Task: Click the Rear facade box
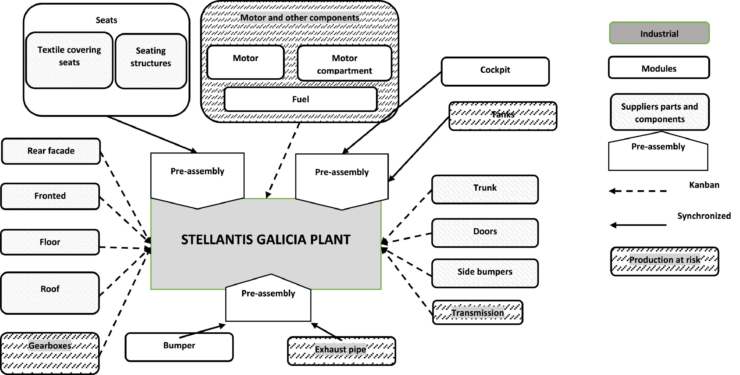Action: [x=51, y=151]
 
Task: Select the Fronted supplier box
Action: [x=50, y=196]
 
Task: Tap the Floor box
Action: [x=50, y=242]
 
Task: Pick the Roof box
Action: [x=50, y=293]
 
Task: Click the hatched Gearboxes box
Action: [x=50, y=353]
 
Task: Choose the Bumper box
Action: [x=179, y=347]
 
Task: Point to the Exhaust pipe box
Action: [x=341, y=351]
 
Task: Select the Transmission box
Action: [x=477, y=312]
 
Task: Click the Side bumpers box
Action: [x=485, y=273]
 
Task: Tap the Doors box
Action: [x=485, y=233]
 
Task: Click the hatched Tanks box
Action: [x=503, y=116]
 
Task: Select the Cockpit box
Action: [x=495, y=71]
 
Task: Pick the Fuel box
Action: [x=300, y=99]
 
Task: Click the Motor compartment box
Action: [x=344, y=63]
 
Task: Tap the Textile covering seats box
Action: [x=69, y=60]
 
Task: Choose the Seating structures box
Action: [x=151, y=61]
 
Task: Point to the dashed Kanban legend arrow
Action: [x=638, y=191]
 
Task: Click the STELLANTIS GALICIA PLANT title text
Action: [x=266, y=240]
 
